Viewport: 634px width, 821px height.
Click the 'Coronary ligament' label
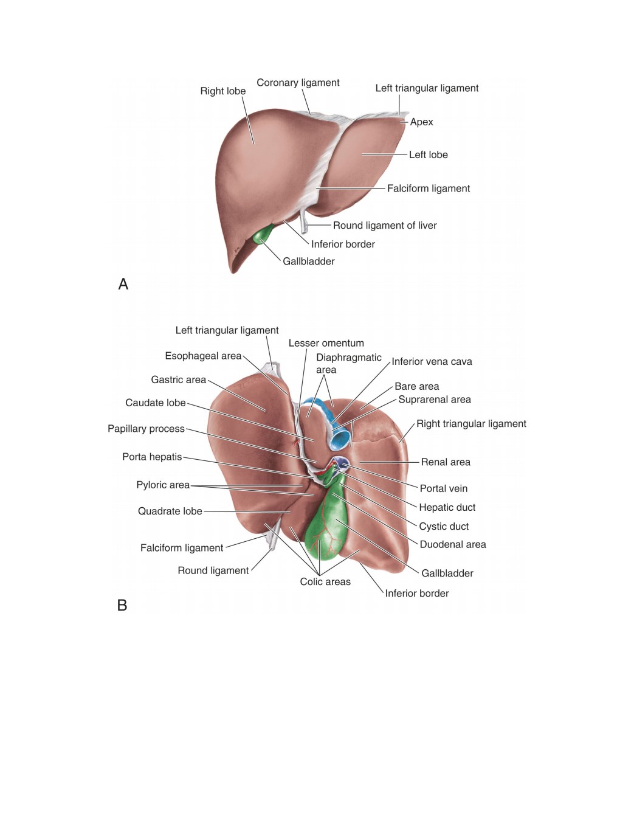298,83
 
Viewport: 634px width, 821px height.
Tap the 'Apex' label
421,122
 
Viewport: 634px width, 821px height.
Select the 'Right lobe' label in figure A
223,91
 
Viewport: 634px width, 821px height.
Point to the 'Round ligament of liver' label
385,226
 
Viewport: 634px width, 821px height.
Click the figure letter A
123,284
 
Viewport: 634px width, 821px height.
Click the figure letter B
122,605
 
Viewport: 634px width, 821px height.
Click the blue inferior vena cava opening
339,439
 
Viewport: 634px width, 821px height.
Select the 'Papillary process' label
146,429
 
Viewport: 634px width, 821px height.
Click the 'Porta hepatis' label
152,457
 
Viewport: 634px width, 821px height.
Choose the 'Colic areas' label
325,581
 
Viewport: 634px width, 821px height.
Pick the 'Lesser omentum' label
326,343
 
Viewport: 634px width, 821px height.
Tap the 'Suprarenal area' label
435,400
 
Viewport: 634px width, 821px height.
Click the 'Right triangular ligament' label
471,424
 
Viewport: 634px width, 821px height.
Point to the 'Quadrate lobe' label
170,511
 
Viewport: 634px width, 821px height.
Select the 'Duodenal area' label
453,544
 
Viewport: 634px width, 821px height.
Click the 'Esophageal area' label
203,356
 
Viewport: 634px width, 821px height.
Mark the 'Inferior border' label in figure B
417,593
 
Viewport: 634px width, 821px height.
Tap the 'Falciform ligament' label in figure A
429,189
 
